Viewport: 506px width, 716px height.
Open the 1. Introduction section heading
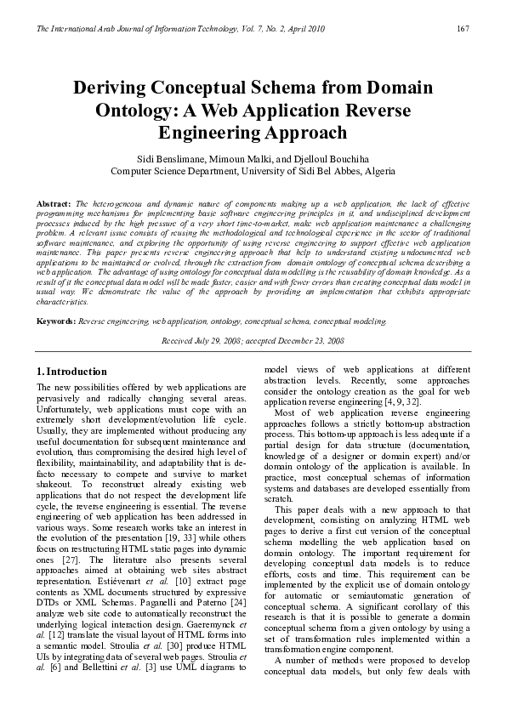pyautogui.click(x=71, y=372)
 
